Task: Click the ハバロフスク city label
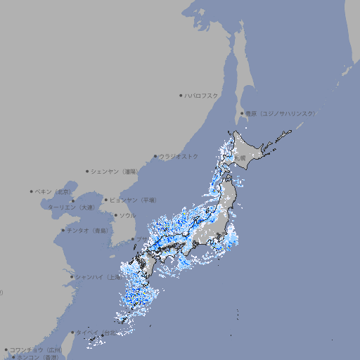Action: [x=202, y=95]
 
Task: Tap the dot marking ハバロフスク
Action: [x=181, y=95]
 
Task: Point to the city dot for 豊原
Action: [x=242, y=113]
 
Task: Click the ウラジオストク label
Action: [x=179, y=156]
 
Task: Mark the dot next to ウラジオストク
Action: [x=155, y=156]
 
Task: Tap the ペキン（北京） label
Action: [x=54, y=191]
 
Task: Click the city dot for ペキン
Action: [x=32, y=191]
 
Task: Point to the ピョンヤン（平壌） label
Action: [x=134, y=200]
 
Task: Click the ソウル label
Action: [x=127, y=215]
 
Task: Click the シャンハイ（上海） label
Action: [x=98, y=277]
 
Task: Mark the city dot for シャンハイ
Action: [x=72, y=277]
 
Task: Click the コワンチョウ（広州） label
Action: [x=36, y=349]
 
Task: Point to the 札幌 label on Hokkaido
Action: [x=240, y=158]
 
